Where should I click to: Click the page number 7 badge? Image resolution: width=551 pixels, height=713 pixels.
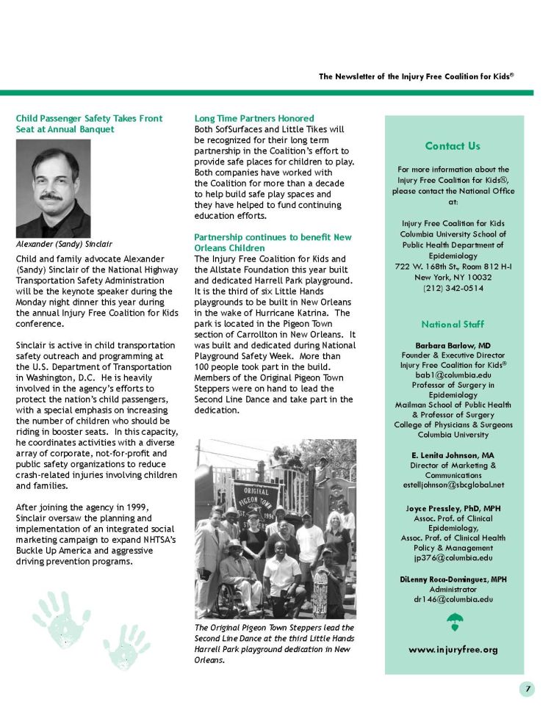point(528,689)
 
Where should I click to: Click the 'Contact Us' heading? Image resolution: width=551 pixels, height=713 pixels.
point(453,146)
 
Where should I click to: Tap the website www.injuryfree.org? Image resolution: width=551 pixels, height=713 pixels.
point(453,649)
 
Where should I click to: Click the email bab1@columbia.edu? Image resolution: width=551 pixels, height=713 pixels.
point(453,374)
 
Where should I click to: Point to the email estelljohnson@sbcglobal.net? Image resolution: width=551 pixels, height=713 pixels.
point(453,485)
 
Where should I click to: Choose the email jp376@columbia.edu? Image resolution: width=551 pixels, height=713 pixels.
point(453,557)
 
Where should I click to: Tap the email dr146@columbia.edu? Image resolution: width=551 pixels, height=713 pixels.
point(453,598)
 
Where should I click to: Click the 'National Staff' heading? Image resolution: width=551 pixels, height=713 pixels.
point(453,324)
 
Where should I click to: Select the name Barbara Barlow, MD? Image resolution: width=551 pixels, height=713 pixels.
point(453,344)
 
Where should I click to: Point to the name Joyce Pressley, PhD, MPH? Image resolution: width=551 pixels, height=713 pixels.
point(453,507)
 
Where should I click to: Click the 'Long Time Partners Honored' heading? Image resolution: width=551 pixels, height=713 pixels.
point(253,118)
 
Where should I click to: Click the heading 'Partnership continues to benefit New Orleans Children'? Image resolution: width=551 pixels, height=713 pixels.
point(273,243)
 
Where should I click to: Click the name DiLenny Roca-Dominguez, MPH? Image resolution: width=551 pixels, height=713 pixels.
point(453,579)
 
